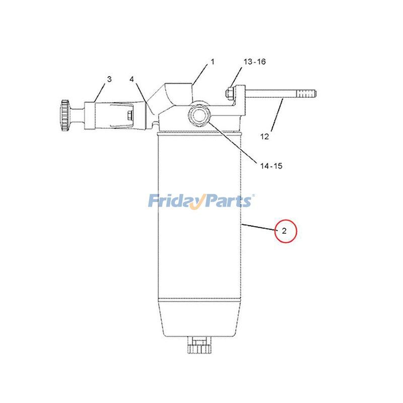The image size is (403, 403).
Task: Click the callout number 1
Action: tap(212, 62)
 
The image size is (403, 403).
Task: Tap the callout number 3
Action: tap(109, 79)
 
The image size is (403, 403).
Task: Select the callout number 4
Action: tap(131, 80)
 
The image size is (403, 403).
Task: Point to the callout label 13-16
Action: tap(254, 62)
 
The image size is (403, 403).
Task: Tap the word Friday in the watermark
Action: tap(174, 201)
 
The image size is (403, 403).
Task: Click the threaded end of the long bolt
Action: tap(307, 94)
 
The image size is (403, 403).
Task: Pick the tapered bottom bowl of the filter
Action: tap(200, 317)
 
